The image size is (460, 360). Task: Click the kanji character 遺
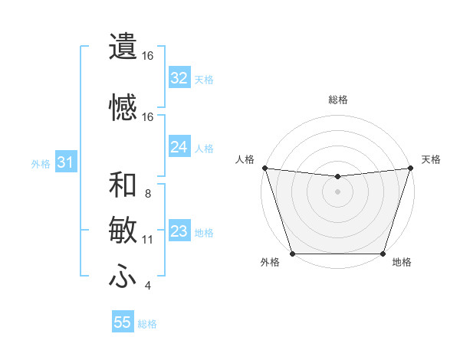point(123,46)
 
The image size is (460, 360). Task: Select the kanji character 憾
point(123,108)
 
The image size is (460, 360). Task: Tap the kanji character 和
point(123,185)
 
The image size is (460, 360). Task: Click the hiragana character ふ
point(123,277)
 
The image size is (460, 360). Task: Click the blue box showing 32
point(179,78)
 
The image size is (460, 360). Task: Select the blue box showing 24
point(179,147)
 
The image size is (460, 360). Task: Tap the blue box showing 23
point(179,231)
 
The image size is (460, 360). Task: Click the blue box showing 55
point(123,322)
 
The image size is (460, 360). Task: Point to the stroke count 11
point(147,240)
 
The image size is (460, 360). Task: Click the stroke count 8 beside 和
point(147,194)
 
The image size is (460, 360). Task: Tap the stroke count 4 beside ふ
point(147,286)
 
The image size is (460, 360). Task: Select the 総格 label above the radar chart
point(337,100)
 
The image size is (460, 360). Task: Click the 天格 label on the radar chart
point(431,159)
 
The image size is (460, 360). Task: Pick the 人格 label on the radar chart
point(245,159)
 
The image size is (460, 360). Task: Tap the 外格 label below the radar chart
point(269,263)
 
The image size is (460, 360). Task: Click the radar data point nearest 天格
point(410,168)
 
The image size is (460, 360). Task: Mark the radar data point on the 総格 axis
point(337,177)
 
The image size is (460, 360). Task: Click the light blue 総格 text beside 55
point(147,324)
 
